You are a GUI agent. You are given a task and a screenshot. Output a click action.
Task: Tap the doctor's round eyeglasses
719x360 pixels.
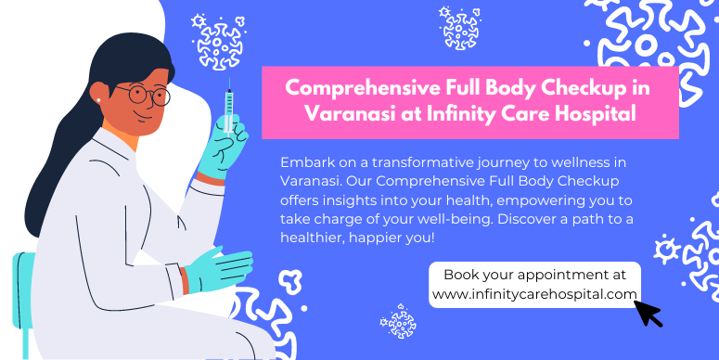(148, 94)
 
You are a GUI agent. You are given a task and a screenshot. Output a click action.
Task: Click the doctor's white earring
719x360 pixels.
(98, 99)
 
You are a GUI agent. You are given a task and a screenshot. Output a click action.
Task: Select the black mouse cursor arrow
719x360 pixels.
(648, 313)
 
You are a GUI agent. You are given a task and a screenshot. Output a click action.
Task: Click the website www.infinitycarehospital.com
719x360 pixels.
(534, 294)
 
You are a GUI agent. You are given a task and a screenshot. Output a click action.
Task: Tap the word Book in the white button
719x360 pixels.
(461, 275)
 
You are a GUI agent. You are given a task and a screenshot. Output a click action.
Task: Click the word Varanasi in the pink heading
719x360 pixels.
(344, 114)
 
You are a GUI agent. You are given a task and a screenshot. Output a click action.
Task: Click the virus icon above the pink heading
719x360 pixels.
(458, 26)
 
